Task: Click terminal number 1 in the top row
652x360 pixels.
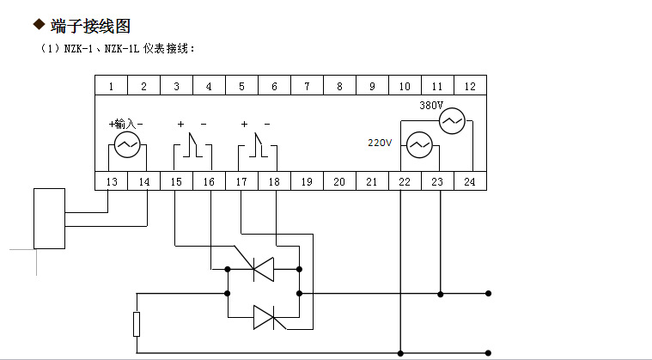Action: [111, 86]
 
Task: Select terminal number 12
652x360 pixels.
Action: [470, 86]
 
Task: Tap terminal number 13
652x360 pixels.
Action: [112, 181]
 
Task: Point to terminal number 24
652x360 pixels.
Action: [470, 181]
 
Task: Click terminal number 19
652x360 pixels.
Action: [307, 181]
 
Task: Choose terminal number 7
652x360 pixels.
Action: [307, 86]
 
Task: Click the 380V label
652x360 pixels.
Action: [430, 106]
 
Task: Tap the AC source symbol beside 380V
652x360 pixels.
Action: [452, 122]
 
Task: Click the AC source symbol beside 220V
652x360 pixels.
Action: [418, 146]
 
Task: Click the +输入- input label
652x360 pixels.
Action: [126, 125]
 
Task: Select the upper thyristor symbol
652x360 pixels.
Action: [264, 270]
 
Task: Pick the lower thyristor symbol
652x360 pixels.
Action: [264, 318]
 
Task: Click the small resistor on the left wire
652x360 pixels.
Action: [137, 324]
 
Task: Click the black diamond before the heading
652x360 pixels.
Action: [38, 27]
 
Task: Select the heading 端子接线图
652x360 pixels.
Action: [91, 27]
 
